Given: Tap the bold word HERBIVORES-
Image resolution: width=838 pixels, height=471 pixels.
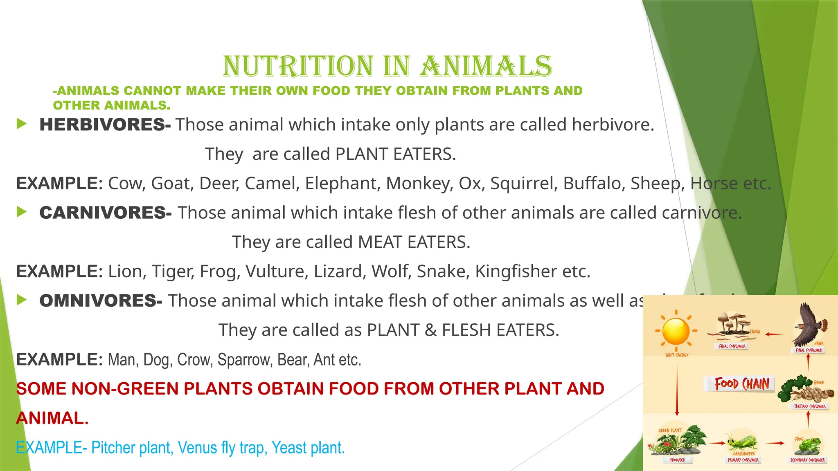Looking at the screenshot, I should (x=105, y=125).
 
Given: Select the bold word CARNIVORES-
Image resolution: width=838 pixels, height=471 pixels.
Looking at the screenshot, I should (x=105, y=213).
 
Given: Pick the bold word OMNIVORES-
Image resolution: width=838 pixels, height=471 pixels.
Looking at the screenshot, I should (x=101, y=301).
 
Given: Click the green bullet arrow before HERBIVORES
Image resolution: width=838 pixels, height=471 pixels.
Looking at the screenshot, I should (x=22, y=123).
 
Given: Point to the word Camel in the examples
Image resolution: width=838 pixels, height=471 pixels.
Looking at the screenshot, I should (x=272, y=183).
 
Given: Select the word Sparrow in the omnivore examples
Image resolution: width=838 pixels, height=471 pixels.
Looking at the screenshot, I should (x=245, y=360).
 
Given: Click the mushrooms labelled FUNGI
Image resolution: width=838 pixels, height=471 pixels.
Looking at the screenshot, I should (x=732, y=324).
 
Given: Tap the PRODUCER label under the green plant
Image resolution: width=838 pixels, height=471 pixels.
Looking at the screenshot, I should (x=677, y=460).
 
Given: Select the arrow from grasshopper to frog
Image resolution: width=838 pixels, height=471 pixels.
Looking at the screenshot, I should (x=775, y=443).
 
